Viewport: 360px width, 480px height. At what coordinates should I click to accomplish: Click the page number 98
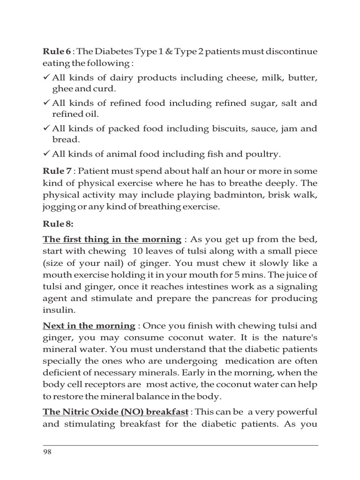(x=47, y=452)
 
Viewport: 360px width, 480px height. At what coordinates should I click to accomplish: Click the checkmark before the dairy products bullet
(x=46, y=77)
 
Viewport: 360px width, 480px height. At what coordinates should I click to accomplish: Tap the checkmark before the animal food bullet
(x=46, y=153)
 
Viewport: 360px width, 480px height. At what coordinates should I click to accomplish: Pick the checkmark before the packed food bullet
(x=46, y=128)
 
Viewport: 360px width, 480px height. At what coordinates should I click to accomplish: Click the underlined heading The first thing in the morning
(x=112, y=240)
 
